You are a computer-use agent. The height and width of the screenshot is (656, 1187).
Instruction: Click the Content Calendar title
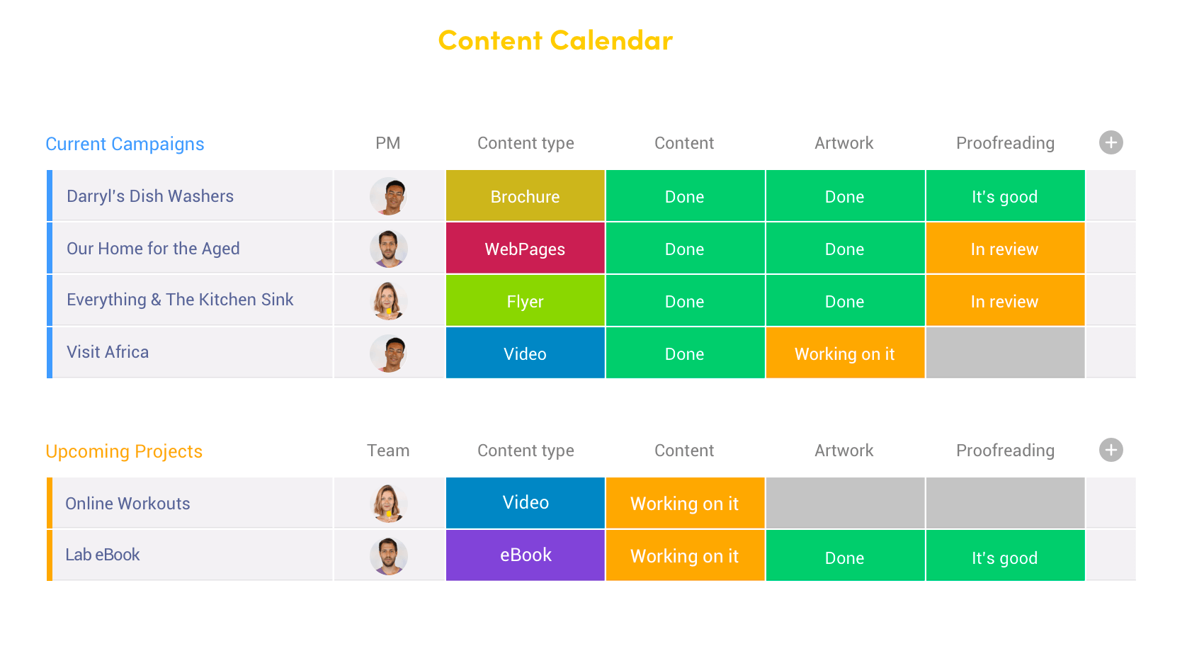pyautogui.click(x=555, y=40)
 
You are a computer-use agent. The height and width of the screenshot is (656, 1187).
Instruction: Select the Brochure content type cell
pyautogui.click(x=525, y=196)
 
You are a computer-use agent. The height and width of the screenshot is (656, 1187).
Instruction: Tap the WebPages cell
pyautogui.click(x=525, y=249)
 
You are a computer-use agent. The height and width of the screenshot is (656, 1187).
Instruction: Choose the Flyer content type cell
pyautogui.click(x=525, y=301)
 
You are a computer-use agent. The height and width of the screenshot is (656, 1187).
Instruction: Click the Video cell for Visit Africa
pyautogui.click(x=525, y=354)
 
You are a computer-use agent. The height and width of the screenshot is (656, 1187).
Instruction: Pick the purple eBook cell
pyautogui.click(x=525, y=555)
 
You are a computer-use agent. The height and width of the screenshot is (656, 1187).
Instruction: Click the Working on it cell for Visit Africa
pyautogui.click(x=844, y=354)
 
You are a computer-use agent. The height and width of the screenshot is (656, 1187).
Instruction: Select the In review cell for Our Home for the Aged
pyautogui.click(x=1004, y=249)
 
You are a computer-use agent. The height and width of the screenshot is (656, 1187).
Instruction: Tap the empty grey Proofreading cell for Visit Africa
pyautogui.click(x=1004, y=354)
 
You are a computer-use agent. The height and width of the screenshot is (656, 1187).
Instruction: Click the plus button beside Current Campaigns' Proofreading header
pyautogui.click(x=1111, y=142)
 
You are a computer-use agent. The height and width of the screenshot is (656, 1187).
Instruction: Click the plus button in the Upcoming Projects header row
pyautogui.click(x=1111, y=450)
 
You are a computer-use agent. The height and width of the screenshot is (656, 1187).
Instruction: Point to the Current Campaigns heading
pyautogui.click(x=125, y=144)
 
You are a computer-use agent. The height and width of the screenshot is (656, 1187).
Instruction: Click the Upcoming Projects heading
pyautogui.click(x=124, y=451)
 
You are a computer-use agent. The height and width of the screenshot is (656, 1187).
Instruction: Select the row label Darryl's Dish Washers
pyautogui.click(x=150, y=196)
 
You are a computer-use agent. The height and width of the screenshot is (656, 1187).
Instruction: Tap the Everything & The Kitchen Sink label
pyautogui.click(x=180, y=300)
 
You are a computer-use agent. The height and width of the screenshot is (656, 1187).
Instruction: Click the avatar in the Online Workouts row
pyautogui.click(x=388, y=504)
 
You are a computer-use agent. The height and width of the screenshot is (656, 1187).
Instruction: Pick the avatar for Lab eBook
pyautogui.click(x=388, y=555)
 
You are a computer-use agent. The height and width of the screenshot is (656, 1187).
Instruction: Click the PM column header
pyautogui.click(x=387, y=143)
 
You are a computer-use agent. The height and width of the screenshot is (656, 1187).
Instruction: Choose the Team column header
pyautogui.click(x=387, y=451)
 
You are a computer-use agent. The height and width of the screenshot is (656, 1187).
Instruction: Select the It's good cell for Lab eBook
pyautogui.click(x=1004, y=558)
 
